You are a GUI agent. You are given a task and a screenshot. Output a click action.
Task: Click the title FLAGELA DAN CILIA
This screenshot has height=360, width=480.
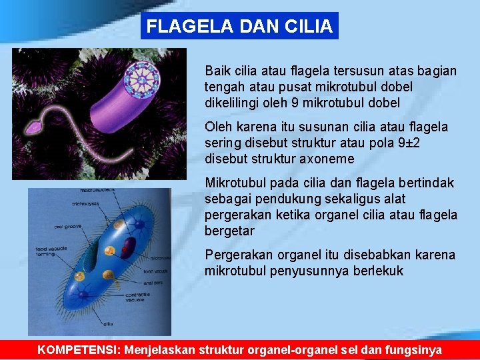[x=239, y=27]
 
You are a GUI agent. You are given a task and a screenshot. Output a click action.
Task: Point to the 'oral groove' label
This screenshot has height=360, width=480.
[x=68, y=227]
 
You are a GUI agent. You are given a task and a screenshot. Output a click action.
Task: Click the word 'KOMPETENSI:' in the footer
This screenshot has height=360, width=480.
[x=79, y=349]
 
